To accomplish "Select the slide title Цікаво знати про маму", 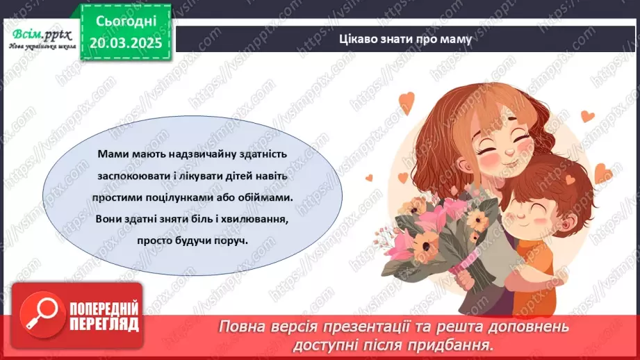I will click(404, 39).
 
